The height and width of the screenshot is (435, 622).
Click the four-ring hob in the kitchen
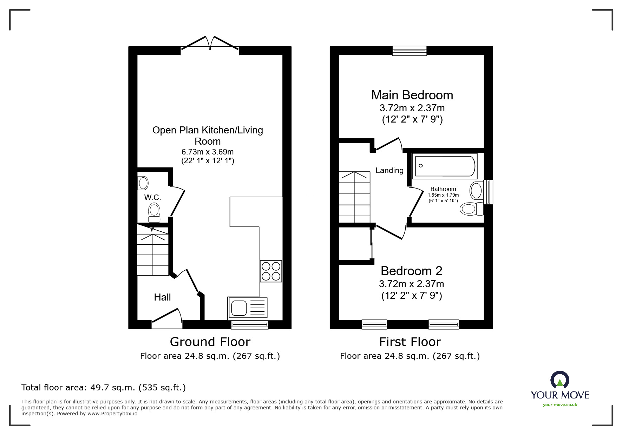pos(271,271)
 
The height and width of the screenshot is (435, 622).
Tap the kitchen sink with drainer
pos(247,308)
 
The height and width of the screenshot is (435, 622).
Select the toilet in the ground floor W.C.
pos(154,213)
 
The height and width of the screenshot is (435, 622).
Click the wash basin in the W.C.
pos(143,183)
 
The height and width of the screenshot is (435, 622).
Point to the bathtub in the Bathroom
pos(445,166)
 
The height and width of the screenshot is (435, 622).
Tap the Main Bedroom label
pos(412,95)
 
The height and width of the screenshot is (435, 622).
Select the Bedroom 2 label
pos(411,271)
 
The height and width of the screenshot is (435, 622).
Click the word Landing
pos(389,171)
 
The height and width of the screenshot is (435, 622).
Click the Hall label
pos(162,297)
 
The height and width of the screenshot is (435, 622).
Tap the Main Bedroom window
pos(410,51)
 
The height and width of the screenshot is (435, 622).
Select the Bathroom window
pos(488,192)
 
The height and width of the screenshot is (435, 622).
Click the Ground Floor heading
pos(210,342)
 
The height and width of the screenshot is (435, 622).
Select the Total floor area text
pos(104,388)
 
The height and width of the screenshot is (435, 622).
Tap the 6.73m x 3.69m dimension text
pos(207,152)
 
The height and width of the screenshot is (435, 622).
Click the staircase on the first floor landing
pos(354,197)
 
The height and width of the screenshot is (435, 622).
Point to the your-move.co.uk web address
pos(560,405)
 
